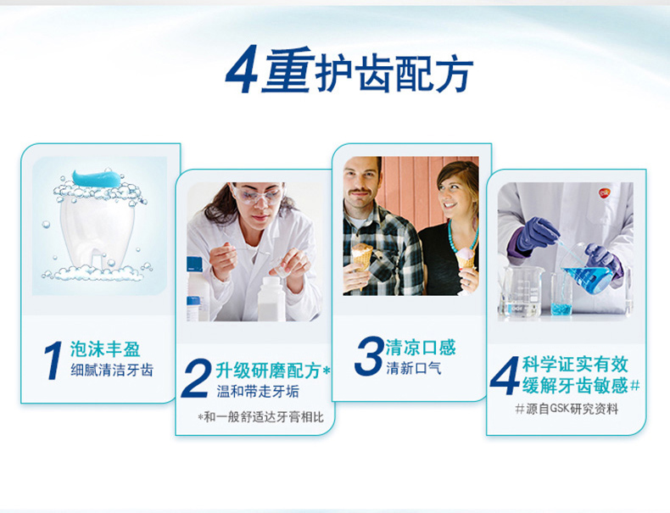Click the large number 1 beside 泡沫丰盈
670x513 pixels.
click(x=53, y=360)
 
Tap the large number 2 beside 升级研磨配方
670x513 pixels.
click(x=197, y=378)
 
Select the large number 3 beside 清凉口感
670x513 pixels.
click(x=369, y=356)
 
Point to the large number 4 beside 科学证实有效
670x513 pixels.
click(x=505, y=376)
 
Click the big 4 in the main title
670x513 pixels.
click(x=243, y=70)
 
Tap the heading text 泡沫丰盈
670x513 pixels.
click(x=105, y=349)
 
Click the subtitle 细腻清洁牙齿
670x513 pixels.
click(x=112, y=370)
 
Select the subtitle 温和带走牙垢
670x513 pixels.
click(x=258, y=391)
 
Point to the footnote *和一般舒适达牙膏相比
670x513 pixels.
click(x=260, y=417)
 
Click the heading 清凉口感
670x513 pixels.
click(x=421, y=348)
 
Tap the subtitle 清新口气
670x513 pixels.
click(x=414, y=368)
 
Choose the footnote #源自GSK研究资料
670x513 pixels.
click(x=567, y=410)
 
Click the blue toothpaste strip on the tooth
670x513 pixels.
click(x=97, y=177)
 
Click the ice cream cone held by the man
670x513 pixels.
click(x=362, y=257)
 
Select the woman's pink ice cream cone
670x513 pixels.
click(x=465, y=259)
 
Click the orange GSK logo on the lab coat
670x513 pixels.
click(x=604, y=193)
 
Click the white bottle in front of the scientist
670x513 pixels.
click(x=271, y=299)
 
